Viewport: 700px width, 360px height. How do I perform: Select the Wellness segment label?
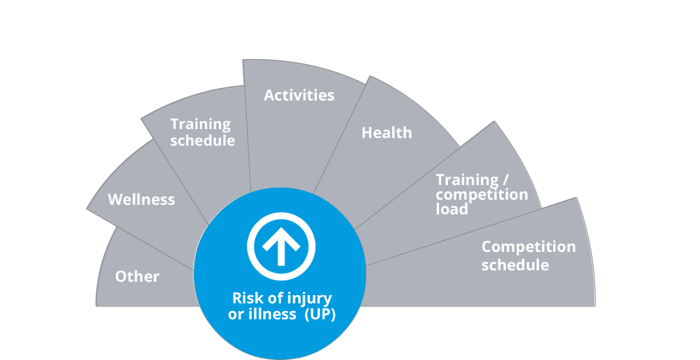[x=141, y=200]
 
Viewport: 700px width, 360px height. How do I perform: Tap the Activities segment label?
[x=298, y=95]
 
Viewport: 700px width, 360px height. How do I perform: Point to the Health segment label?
[x=386, y=133]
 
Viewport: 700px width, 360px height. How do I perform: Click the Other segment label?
[x=137, y=277]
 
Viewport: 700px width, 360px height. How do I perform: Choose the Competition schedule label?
[x=528, y=255]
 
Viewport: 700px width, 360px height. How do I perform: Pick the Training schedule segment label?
[x=202, y=132]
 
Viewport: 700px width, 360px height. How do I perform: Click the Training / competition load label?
[x=482, y=194]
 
